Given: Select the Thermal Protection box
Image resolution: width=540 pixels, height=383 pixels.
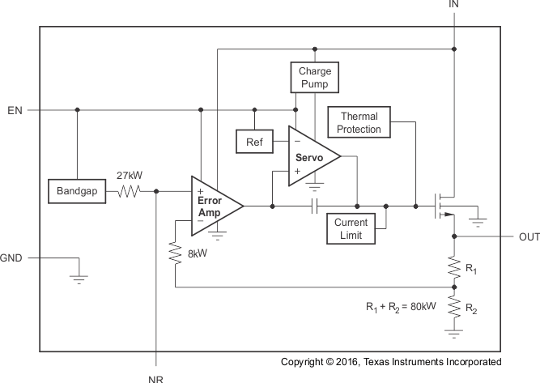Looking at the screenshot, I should click(x=359, y=123).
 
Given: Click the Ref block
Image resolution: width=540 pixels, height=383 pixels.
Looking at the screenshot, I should click(x=253, y=142).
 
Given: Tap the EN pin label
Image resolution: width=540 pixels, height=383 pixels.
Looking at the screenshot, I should click(x=14, y=110).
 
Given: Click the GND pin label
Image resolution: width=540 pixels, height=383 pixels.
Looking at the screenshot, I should click(x=12, y=259).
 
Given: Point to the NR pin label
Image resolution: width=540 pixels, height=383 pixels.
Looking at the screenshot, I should click(x=155, y=377).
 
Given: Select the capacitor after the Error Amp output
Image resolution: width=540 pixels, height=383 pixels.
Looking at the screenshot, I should click(x=314, y=206).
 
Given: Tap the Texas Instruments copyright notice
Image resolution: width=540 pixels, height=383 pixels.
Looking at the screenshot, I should click(x=391, y=362).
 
